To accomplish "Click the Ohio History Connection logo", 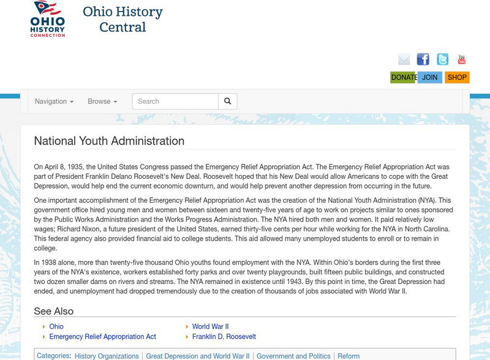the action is click(48, 19).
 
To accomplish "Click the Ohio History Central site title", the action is click(123, 20).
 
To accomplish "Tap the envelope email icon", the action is click(404, 59).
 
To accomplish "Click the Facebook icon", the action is click(423, 59).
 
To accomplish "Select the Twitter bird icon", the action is click(442, 59).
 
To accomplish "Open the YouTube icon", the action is click(461, 59).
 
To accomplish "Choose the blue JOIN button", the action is click(430, 77).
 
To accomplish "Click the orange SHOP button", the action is click(457, 77).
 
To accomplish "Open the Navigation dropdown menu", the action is click(54, 102).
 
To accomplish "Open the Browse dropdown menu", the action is click(102, 102).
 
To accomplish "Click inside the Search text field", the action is click(175, 102).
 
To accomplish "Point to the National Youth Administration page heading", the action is click(109, 141).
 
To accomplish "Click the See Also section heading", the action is click(53, 311).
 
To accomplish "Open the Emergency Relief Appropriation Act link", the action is click(102, 337).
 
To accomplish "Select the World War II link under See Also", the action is click(210, 327).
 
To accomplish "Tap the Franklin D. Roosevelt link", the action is click(224, 337).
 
